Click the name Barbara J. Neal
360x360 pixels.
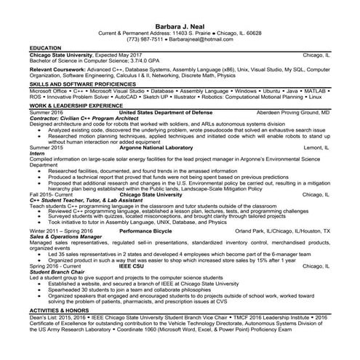click(x=179, y=26)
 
